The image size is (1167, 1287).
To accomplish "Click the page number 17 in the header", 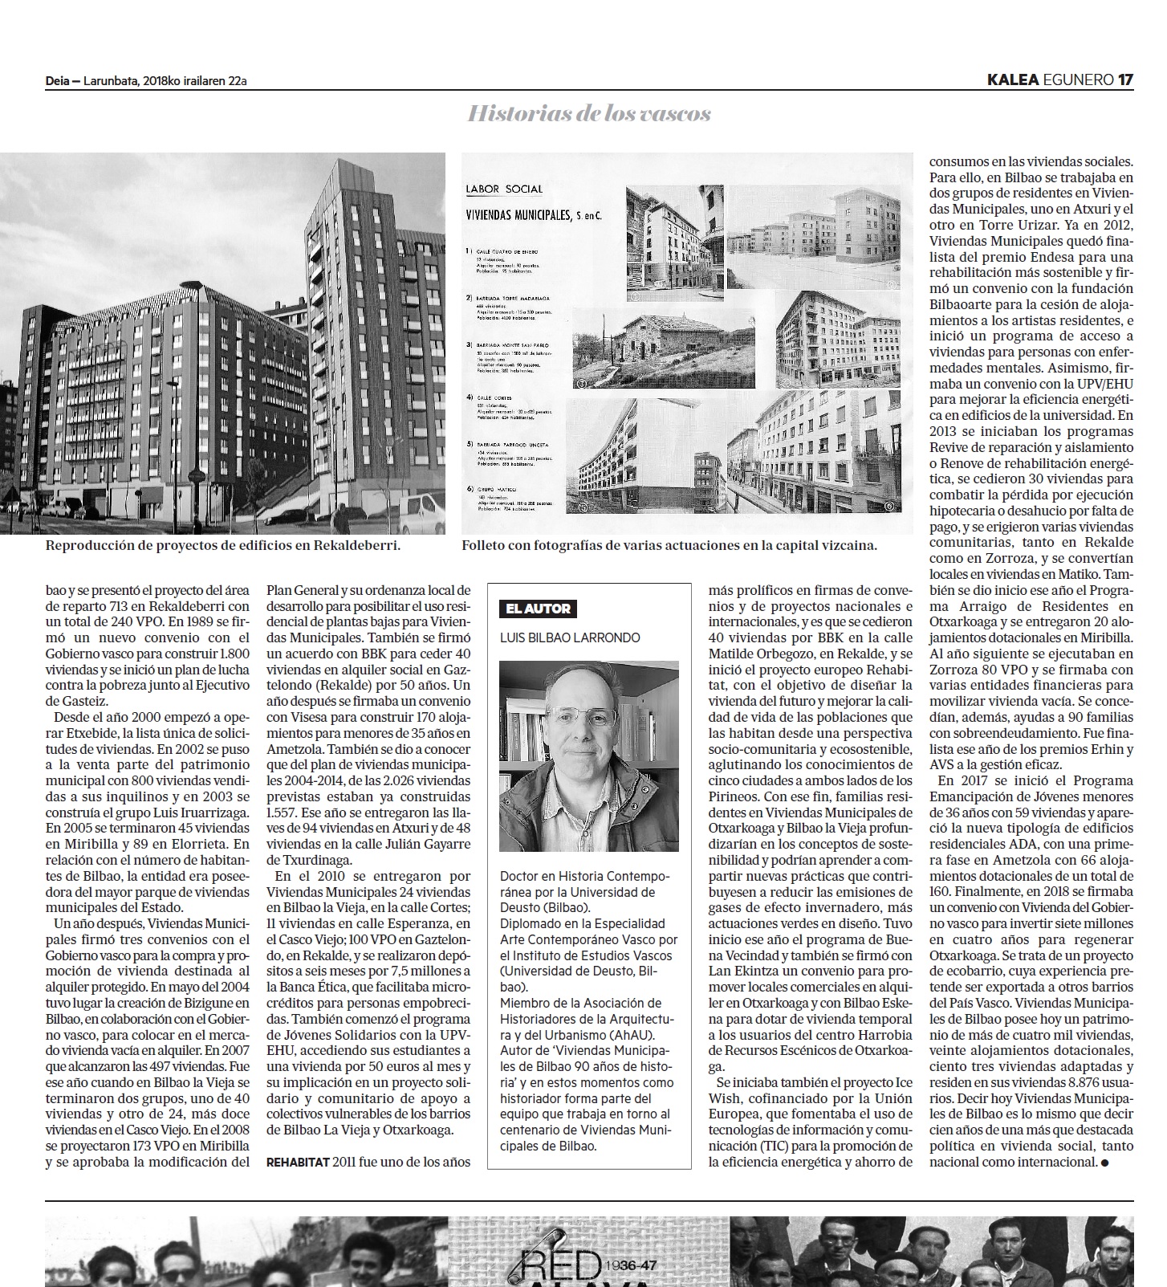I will click(1125, 79).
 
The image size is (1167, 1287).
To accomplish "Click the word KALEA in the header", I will click(1013, 79).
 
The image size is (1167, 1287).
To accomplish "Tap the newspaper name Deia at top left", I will click(57, 80).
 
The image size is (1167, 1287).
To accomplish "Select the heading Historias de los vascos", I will click(589, 114).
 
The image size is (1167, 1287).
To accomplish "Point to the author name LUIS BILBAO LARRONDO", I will click(570, 637).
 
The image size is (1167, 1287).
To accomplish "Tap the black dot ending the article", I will click(1105, 1162).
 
